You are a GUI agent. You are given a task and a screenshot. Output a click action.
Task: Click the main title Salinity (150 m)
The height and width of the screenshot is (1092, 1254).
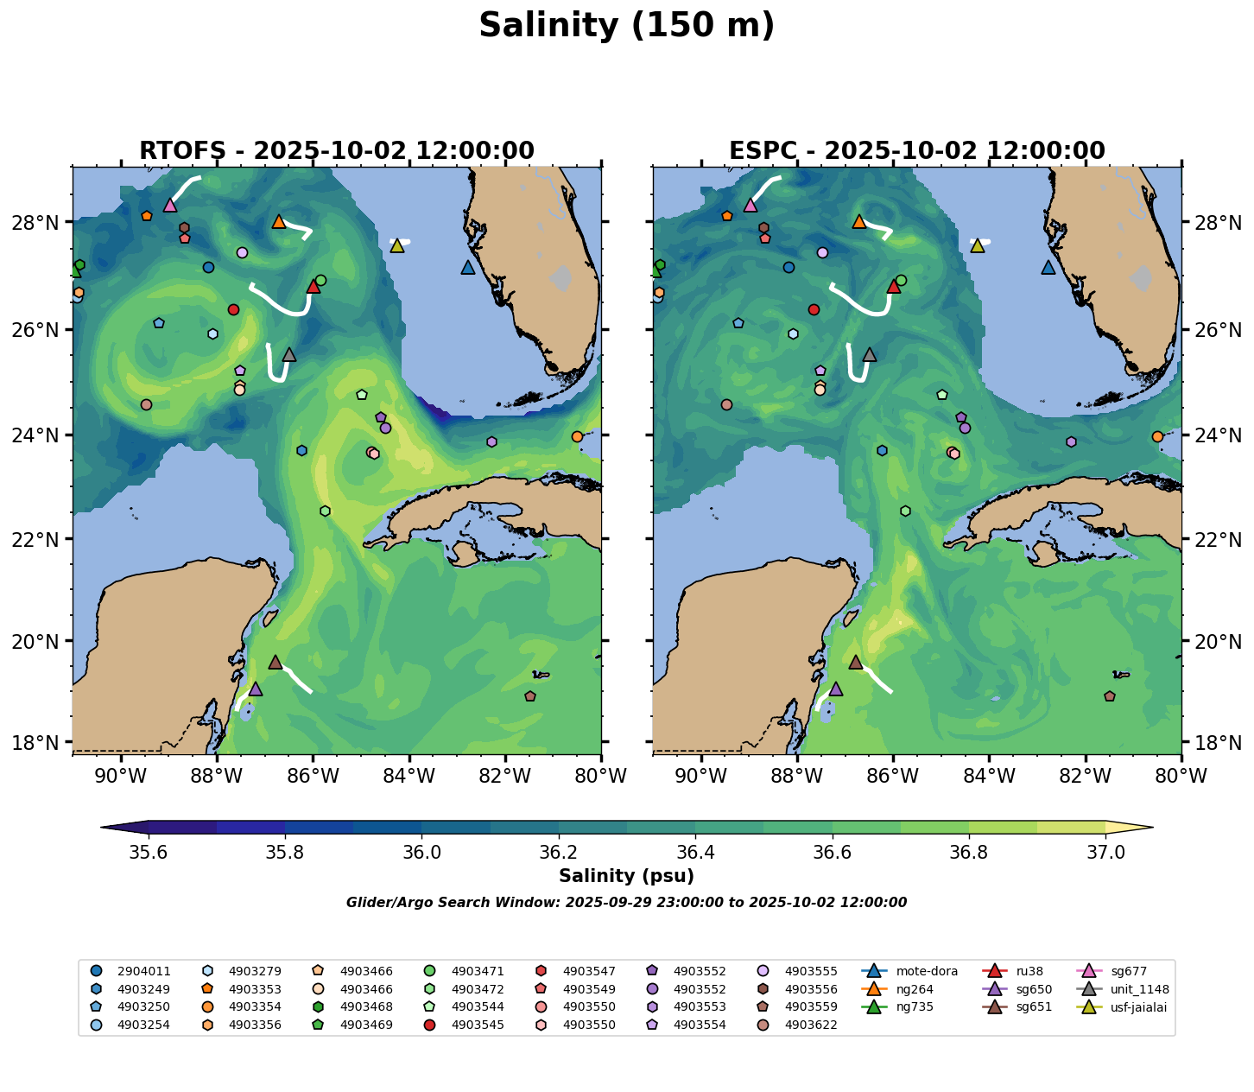pyautogui.click(x=627, y=26)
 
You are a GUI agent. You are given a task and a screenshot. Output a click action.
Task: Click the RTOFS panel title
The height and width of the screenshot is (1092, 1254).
pyautogui.click(x=337, y=151)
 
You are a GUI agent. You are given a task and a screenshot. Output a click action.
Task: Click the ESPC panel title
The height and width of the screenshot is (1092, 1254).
pyautogui.click(x=917, y=151)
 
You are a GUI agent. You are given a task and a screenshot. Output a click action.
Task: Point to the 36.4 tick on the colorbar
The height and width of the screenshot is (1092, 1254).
pyautogui.click(x=696, y=853)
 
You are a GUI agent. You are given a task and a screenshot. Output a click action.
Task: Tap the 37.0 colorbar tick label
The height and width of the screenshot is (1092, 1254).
pyautogui.click(x=1105, y=853)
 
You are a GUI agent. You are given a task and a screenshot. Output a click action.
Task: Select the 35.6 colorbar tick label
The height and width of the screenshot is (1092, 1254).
pyautogui.click(x=149, y=853)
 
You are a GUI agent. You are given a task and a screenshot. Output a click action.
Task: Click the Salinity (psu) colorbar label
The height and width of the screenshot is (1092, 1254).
pyautogui.click(x=627, y=876)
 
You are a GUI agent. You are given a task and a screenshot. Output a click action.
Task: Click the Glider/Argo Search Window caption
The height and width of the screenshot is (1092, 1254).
pyautogui.click(x=627, y=903)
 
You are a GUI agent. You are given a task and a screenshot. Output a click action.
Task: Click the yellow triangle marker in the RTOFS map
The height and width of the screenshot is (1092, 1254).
pyautogui.click(x=397, y=246)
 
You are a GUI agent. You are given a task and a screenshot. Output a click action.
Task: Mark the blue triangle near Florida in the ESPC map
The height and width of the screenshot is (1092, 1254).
pyautogui.click(x=1048, y=268)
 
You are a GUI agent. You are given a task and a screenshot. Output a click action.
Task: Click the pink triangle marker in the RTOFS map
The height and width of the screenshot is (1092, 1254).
pyautogui.click(x=170, y=206)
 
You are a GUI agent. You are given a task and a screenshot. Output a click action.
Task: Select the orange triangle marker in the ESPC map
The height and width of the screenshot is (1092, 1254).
pyautogui.click(x=858, y=222)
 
